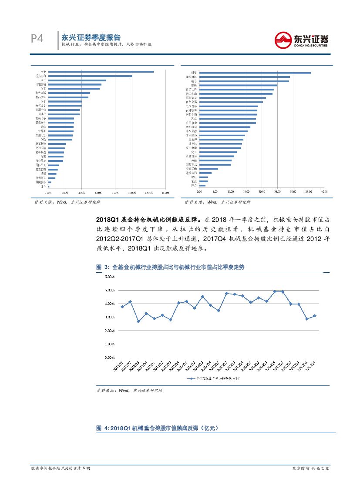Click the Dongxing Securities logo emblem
coord(283,40)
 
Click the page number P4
coord(37,39)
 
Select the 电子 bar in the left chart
coord(101,72)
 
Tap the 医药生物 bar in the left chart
coord(90,76)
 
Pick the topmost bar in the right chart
coord(255,73)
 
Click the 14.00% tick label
coord(165,192)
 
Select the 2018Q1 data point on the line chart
coord(315,316)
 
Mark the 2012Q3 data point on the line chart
coord(138,322)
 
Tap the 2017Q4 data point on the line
coord(306,319)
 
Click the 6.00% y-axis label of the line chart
coord(109,277)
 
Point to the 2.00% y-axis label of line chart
coord(109,331)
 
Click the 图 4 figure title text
coord(156,428)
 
